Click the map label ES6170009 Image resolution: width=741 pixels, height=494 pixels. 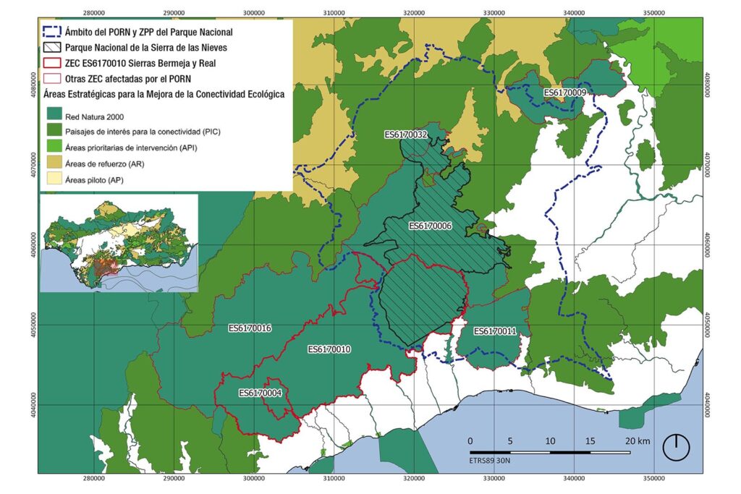tap(564, 93)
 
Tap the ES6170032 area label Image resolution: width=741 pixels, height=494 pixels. tap(406, 135)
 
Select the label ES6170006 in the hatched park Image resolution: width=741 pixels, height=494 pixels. tap(430, 226)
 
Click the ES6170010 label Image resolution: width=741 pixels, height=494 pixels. tap(329, 349)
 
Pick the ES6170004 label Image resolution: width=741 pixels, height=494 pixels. tap(260, 393)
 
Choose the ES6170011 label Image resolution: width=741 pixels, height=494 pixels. tap(495, 331)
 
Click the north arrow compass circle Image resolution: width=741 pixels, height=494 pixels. tap(677, 447)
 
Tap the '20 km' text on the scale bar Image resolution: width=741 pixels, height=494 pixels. tap(638, 441)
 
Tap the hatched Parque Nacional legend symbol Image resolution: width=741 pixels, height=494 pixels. tap(52, 46)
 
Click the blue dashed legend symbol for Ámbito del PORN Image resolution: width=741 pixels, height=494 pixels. tap(52, 32)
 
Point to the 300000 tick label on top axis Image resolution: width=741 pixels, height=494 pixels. tap(253, 12)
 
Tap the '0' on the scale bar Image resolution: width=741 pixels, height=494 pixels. tap(470, 441)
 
